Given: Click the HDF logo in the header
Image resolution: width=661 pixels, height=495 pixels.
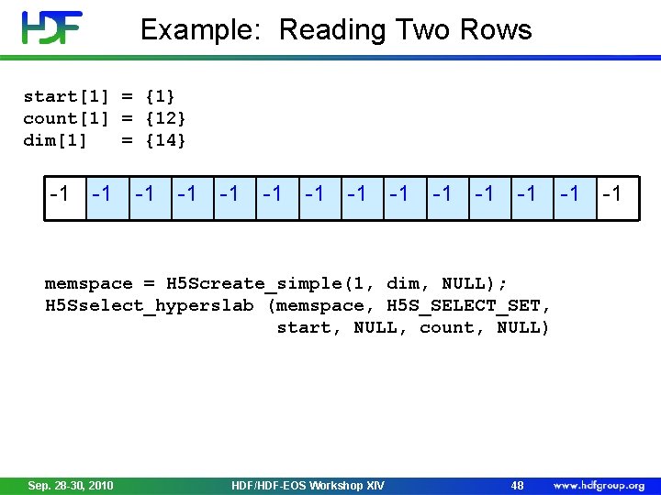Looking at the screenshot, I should coord(52,27).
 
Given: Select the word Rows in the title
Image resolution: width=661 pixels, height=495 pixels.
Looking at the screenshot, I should coord(497,30).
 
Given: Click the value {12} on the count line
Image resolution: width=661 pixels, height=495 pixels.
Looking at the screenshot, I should coord(166,118).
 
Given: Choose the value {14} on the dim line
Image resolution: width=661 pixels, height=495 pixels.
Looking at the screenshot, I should coord(166,140).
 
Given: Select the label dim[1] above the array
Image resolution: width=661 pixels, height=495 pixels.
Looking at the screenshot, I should coord(55,140).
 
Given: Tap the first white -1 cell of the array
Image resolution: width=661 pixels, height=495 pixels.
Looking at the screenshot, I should coord(61,193).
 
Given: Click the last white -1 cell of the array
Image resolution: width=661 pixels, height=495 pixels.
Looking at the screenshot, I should coord(612,193).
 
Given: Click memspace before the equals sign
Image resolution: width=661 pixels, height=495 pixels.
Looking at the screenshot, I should coord(88,284).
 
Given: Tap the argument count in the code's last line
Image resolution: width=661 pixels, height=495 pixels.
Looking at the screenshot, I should coord(447,328).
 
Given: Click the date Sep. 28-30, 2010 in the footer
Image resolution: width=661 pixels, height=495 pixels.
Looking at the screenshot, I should coord(71,485).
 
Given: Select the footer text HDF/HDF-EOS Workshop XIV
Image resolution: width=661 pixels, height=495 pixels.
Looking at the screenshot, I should coord(308,485).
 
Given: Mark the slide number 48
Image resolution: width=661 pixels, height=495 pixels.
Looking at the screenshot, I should coord(517,485).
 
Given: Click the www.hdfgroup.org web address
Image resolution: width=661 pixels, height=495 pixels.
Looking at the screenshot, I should coord(599,485).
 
